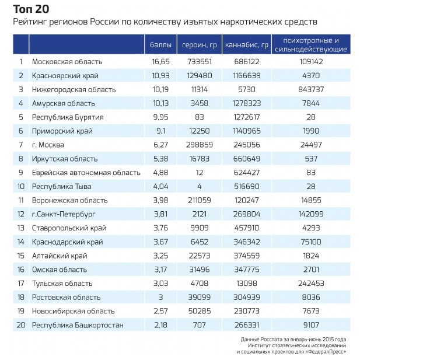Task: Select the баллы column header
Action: (x=160, y=45)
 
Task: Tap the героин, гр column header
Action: (x=200, y=45)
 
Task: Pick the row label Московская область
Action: (x=67, y=62)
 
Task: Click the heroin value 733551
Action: (x=199, y=62)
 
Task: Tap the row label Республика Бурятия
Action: (x=69, y=117)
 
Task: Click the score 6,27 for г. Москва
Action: (x=160, y=145)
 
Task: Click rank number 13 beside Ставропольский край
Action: (x=21, y=228)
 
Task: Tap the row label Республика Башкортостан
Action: (x=78, y=325)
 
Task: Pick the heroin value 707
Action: (x=199, y=325)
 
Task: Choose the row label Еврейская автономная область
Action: (x=86, y=173)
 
